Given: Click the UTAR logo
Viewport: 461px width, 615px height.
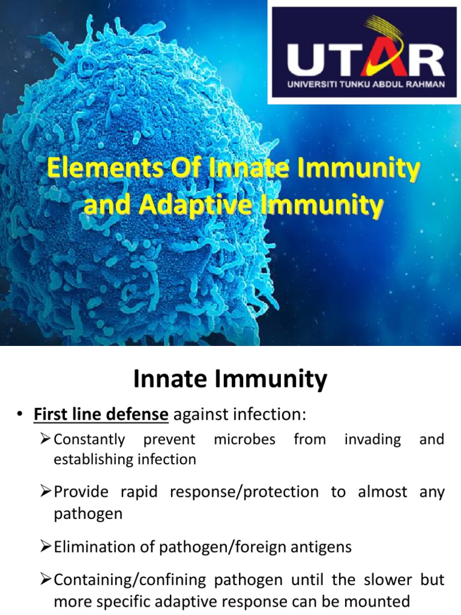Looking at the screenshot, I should pos(364,53).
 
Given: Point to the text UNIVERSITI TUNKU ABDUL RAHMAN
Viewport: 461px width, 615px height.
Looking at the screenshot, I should pos(366,85).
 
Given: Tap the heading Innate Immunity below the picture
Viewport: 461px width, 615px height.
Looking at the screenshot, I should pos(230,379).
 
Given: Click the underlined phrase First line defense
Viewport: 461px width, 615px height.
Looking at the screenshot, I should pos(101,414).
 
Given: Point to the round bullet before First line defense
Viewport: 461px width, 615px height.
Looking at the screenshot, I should pos(20,415).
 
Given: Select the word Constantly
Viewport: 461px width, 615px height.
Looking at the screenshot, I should pos(89,440).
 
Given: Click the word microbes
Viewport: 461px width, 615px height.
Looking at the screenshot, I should pos(244,440).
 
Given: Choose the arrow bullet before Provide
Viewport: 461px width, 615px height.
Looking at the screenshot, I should pos(44,492).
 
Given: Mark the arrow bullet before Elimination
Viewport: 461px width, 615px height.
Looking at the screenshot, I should pos(44,547).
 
